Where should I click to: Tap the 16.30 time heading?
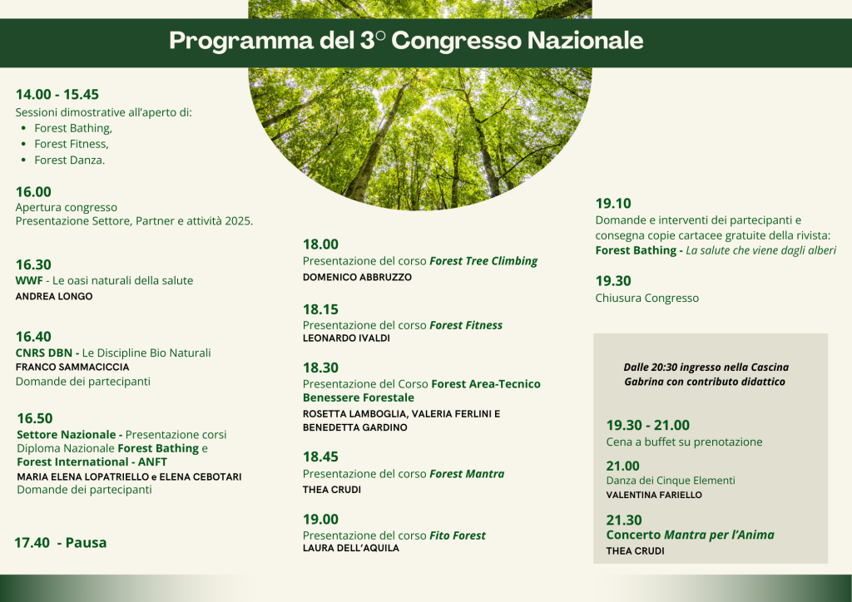coord(33,264)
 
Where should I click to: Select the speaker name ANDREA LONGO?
coord(54,296)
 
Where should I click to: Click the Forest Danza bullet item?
coord(70,160)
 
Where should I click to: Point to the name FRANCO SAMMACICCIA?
coord(72,367)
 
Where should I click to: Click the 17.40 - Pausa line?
coord(60,542)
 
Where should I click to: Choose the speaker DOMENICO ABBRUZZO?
coord(357,277)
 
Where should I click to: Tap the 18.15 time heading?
coord(320,309)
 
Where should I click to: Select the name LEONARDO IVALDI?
coord(346,338)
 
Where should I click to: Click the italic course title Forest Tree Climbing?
coord(483,261)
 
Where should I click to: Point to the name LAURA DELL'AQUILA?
coord(351,548)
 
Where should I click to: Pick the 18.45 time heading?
coord(320,456)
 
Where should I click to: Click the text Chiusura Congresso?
coord(647,298)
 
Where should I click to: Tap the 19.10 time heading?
coord(613,204)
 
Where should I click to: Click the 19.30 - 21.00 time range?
coord(647,425)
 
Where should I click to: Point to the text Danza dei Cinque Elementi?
coord(671,481)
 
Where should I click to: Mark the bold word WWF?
coord(29,281)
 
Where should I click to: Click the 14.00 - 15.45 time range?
coord(57,95)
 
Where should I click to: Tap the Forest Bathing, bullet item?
coord(73,129)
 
